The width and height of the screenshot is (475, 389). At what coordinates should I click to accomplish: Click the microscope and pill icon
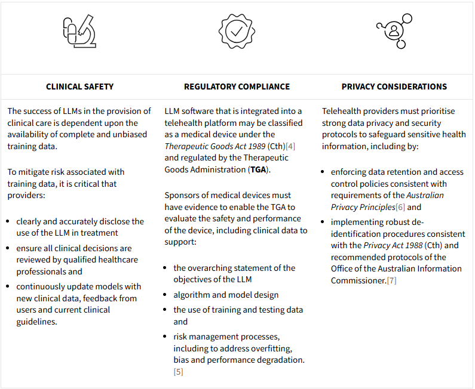79,32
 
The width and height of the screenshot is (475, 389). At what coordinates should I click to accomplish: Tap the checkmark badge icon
237,31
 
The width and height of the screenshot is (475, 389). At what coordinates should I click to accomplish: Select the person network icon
394,32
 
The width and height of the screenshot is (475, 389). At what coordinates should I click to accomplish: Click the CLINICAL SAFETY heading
79,87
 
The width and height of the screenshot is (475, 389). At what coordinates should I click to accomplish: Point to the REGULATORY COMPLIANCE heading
237,87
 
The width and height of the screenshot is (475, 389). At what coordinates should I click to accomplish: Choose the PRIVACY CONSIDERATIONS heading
394,87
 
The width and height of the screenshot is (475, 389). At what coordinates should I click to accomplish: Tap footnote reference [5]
178,372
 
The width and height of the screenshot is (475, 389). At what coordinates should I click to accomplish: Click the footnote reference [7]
391,280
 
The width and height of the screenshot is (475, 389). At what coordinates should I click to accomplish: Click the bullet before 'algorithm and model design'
167,295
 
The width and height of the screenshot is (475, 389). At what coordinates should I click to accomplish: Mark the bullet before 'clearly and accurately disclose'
10,221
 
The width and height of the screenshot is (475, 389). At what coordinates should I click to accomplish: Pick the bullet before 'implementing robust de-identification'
324,222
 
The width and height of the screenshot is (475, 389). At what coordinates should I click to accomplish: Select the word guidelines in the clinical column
36,322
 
